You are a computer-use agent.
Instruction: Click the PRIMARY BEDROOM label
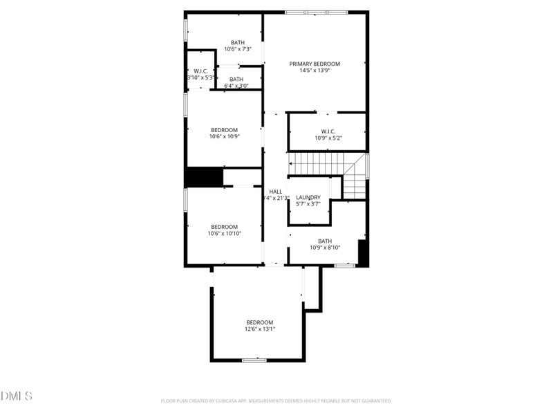(315, 64)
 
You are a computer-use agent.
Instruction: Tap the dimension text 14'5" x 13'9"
(315, 71)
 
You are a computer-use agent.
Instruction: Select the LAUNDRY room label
(308, 197)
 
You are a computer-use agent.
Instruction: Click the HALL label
(275, 192)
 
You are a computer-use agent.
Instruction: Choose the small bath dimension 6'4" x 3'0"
(236, 86)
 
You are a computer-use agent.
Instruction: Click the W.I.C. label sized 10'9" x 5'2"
(328, 131)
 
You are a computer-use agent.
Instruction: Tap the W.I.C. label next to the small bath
(201, 71)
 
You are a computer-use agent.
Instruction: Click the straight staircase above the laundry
(316, 165)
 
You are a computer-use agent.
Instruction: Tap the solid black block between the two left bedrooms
(204, 177)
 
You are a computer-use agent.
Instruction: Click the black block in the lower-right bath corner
(363, 253)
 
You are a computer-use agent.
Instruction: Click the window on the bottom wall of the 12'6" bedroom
(254, 360)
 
